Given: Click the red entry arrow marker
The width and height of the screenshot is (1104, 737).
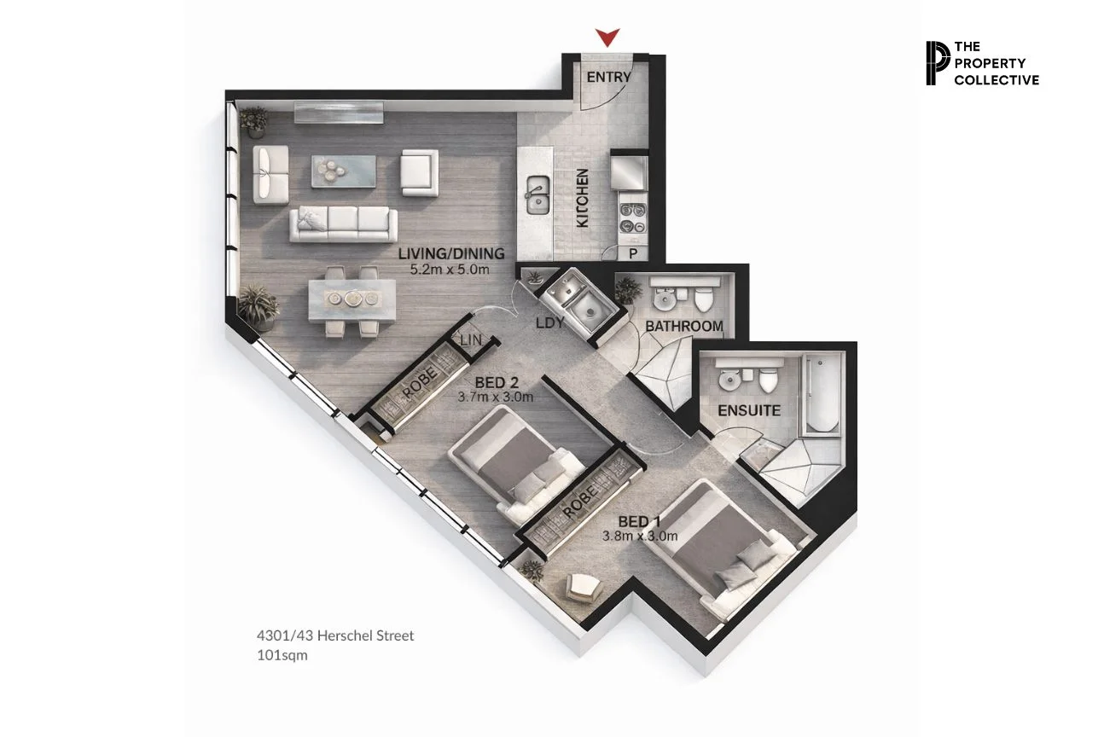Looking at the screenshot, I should [607, 37].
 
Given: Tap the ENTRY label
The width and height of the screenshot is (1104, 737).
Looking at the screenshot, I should [609, 77].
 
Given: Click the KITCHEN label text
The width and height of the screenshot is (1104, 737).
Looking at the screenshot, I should [583, 198].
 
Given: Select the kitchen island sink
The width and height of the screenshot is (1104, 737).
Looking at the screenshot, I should [537, 195].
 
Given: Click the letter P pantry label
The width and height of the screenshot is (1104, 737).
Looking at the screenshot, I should [634, 254].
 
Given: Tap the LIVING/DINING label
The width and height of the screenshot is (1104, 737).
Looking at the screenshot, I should [451, 253].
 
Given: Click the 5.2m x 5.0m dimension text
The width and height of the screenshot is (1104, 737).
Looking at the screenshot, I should [449, 270].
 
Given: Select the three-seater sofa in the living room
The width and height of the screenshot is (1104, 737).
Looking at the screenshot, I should [344, 223].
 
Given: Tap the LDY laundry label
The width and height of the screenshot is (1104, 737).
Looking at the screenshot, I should [549, 323].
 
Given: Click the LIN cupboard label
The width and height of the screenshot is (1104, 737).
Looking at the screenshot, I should [471, 339].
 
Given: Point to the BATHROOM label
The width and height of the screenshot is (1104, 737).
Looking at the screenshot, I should [683, 326].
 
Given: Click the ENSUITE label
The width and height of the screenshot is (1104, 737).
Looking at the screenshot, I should [748, 410].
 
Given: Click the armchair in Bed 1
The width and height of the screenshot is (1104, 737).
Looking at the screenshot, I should [584, 586].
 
